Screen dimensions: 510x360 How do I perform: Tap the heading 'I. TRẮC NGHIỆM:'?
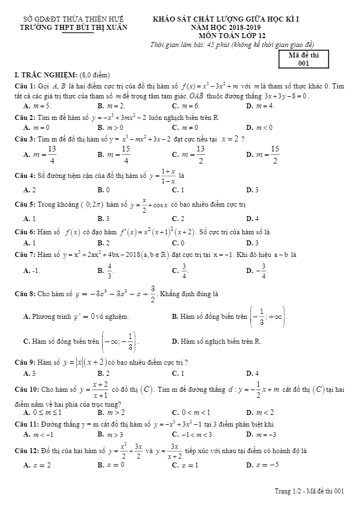pyautogui.click(x=46, y=75)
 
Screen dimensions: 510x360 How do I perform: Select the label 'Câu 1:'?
pyautogui.click(x=24, y=86)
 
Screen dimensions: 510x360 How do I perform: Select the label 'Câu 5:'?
pyautogui.click(x=24, y=204)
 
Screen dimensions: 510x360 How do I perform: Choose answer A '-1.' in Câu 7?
pyautogui.click(x=33, y=271)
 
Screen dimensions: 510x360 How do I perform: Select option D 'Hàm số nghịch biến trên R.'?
pyautogui.click(x=216, y=341)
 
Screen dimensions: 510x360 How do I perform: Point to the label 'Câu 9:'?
pyautogui.click(x=24, y=362)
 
